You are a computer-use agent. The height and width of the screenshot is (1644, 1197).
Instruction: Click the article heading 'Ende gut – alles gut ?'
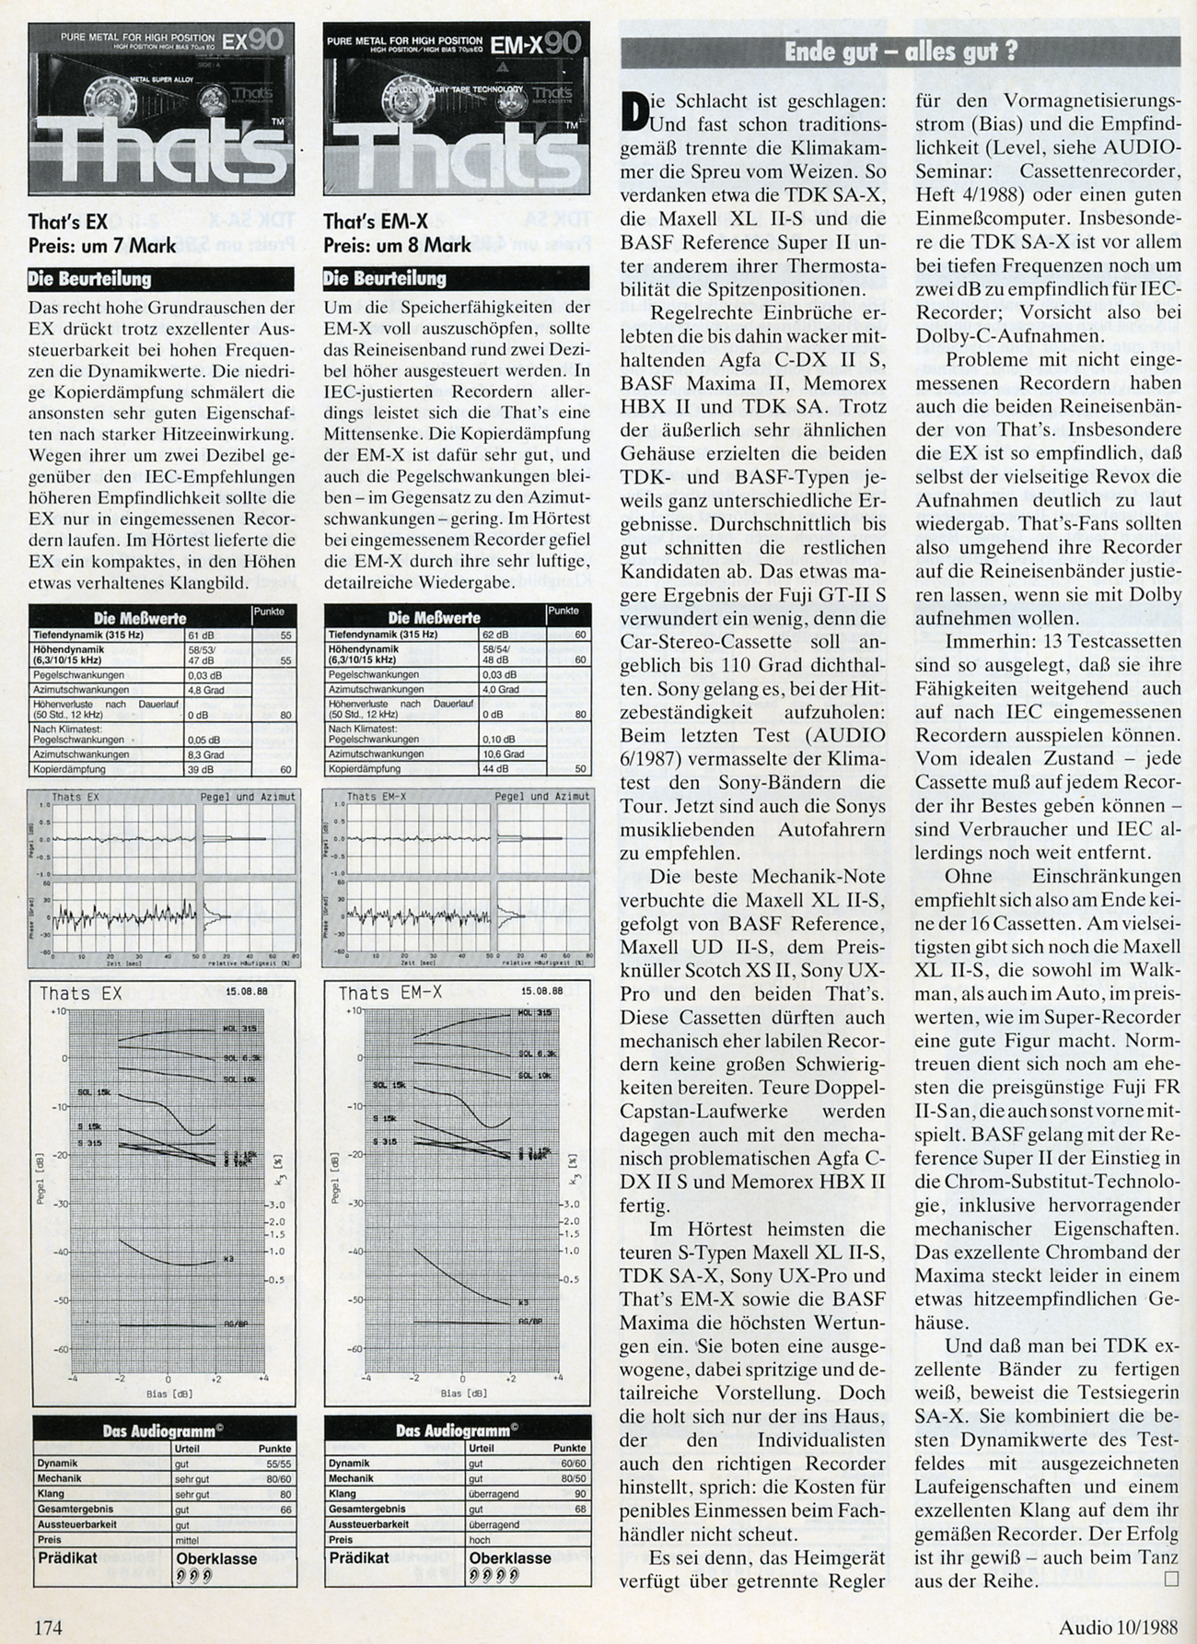click(901, 52)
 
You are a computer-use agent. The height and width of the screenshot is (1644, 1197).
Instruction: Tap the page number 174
click(49, 1627)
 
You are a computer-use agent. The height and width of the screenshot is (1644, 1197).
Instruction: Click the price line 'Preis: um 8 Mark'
click(397, 244)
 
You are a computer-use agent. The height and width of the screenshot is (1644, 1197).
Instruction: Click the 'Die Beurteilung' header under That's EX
click(90, 278)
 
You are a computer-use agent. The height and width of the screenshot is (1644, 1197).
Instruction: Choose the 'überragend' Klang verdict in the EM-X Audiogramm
click(494, 1494)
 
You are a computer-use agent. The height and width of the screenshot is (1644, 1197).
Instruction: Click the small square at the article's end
click(1171, 1581)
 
